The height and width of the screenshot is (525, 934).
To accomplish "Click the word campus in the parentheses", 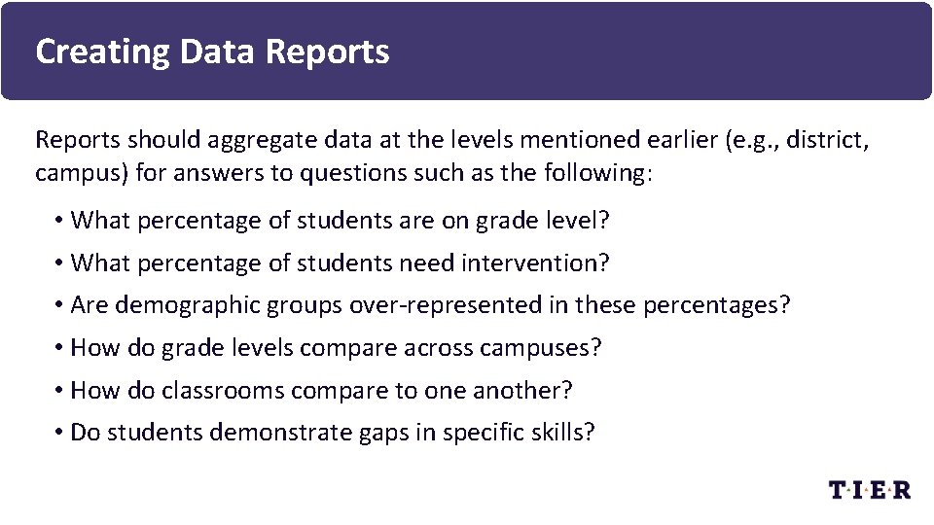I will tap(79, 173).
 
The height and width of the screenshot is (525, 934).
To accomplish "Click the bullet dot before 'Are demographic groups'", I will tap(59, 305).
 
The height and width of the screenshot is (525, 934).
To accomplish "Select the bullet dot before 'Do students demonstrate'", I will tap(59, 432).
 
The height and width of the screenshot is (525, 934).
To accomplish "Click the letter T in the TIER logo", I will tap(839, 489).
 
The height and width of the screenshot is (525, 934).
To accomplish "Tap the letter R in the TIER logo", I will tap(900, 489).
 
